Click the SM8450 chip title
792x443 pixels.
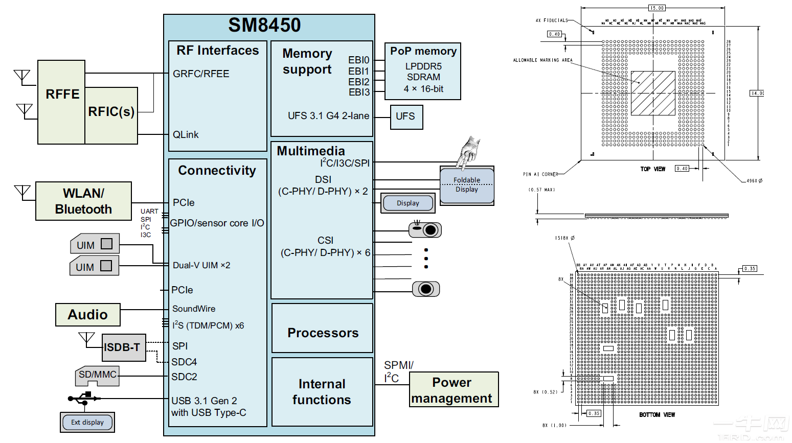tap(264, 25)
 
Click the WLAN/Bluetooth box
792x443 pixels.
tap(83, 201)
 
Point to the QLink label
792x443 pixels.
tap(186, 135)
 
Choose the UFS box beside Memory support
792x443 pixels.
tap(406, 116)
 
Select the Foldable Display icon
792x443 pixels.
tap(466, 185)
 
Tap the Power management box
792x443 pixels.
tap(454, 390)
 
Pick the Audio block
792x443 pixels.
tap(88, 315)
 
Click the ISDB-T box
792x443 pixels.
tap(123, 347)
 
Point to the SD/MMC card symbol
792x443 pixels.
tap(97, 376)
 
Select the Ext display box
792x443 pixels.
tap(87, 423)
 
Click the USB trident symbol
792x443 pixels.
tap(84, 398)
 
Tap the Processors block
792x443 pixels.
tap(323, 333)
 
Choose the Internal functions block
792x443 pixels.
tap(322, 392)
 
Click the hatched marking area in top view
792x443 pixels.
tap(653, 93)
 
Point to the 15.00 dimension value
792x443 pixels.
tap(657, 8)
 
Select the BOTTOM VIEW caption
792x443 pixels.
tap(657, 415)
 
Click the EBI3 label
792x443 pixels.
tap(359, 92)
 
